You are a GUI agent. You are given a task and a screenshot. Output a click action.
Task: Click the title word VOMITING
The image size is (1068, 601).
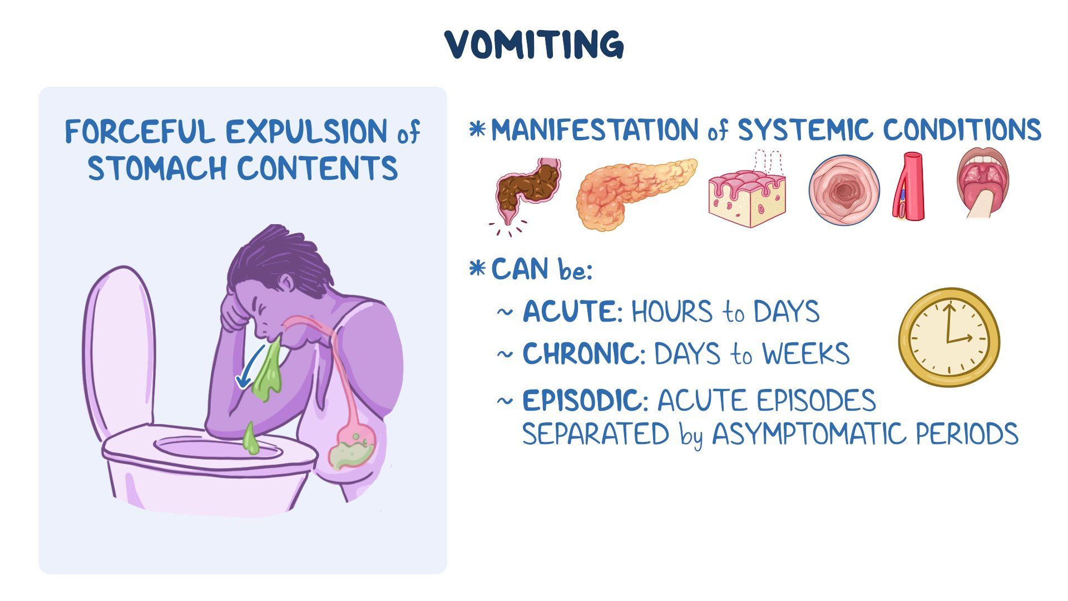tap(535, 45)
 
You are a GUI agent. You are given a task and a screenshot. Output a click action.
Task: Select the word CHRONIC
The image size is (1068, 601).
tap(581, 353)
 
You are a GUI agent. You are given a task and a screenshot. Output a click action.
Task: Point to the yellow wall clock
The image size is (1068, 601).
tap(949, 337)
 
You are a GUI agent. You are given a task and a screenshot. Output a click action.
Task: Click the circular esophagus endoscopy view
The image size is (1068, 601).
tap(844, 190)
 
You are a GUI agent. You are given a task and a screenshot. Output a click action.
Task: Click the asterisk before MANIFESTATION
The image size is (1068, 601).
tap(477, 130)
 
